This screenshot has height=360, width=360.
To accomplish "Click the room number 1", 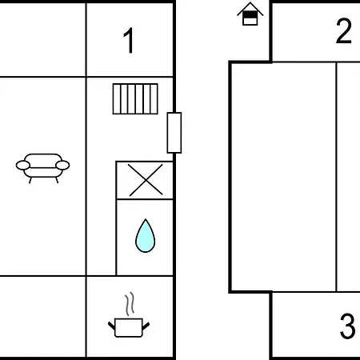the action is point(129,40).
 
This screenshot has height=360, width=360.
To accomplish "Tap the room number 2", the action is point(344,31).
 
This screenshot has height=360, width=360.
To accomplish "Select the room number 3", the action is point(347,326).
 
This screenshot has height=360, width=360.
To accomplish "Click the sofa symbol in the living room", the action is point(42,168).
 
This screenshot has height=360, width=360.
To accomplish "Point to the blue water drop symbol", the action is point(145,236).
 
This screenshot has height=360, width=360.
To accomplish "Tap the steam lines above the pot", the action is point(130,304).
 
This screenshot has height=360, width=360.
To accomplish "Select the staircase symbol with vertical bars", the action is point(135,99).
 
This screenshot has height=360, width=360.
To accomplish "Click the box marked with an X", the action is point(145,180).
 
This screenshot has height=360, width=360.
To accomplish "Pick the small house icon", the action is point(250,14).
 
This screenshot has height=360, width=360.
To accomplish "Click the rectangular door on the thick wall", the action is point(174,133).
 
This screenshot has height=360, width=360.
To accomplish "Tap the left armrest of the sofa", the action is point(23,166).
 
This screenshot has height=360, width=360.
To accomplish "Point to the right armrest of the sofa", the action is point(62,166).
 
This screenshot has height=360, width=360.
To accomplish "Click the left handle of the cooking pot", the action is point(111,326).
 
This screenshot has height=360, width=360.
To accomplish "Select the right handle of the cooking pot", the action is point(146,326).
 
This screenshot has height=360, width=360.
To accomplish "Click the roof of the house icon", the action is point(250,8).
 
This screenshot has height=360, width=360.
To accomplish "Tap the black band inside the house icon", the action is point(250,16).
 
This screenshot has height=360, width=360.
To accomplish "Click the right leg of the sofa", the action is point(57,180).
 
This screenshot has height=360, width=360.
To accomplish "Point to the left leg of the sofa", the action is point(30,180).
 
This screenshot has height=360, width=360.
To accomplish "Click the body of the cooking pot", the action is point(129,327).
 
